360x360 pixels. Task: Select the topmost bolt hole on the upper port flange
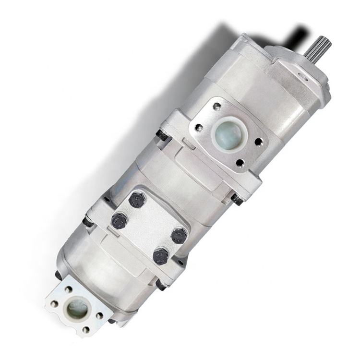tap(216, 107)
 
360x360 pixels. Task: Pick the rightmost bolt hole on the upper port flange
tap(259, 142)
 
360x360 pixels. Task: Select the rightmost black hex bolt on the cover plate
tap(179, 235)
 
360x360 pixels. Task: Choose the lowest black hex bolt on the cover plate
tap(160, 256)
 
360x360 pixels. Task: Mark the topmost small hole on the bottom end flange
tap(69, 289)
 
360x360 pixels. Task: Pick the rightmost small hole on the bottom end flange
tap(99, 315)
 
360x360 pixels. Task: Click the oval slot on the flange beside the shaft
tap(303, 76)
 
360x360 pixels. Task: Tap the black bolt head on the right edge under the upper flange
tap(236, 198)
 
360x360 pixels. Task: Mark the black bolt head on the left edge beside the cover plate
tap(88, 222)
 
